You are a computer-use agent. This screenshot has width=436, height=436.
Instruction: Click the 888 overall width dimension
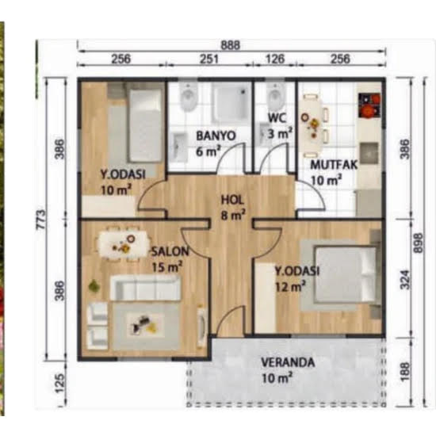pyautogui.click(x=230, y=45)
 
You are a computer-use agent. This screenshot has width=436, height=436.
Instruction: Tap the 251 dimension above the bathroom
pyautogui.click(x=208, y=59)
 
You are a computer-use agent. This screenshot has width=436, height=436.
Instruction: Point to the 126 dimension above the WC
pyautogui.click(x=275, y=59)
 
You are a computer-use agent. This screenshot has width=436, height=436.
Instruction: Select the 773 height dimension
pyautogui.click(x=41, y=219)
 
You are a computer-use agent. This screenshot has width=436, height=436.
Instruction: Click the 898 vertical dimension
pyautogui.click(x=419, y=243)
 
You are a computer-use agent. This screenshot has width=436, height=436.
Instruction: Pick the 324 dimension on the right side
pyautogui.click(x=405, y=279)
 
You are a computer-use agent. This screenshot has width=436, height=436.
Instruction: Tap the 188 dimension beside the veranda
pyautogui.click(x=405, y=371)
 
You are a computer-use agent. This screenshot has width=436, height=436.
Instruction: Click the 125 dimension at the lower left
pyautogui.click(x=59, y=383)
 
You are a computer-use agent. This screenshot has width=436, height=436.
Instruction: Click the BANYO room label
pyautogui.click(x=216, y=136)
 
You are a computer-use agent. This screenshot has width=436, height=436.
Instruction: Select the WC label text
pyautogui.click(x=277, y=118)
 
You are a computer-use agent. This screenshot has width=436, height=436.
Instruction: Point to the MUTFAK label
pyautogui.click(x=334, y=165)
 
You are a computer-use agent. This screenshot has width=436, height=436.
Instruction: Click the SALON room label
pyautogui.click(x=170, y=251)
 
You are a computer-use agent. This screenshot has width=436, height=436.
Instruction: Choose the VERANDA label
pyautogui.click(x=288, y=362)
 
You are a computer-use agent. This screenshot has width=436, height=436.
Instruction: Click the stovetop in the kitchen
pyautogui.click(x=369, y=105)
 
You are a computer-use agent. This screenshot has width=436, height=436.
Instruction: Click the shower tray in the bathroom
pyautogui.click(x=231, y=103)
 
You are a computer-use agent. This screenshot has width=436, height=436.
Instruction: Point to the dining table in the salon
pyautogui.click(x=123, y=244)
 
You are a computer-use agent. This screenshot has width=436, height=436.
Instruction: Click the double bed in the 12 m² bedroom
pyautogui.click(x=346, y=275)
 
